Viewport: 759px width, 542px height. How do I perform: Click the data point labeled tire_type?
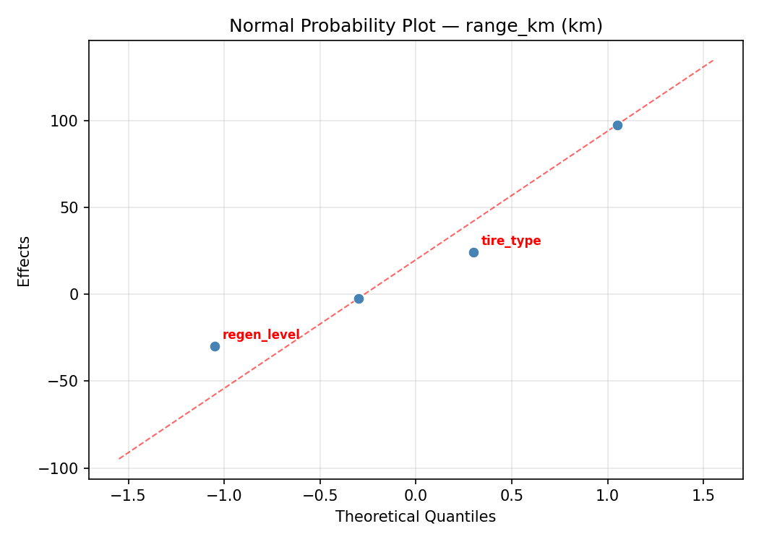click(x=473, y=252)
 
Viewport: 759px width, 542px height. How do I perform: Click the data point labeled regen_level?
click(x=215, y=346)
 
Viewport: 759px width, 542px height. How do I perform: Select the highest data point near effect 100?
click(x=617, y=125)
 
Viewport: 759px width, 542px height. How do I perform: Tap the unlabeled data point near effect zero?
click(x=359, y=298)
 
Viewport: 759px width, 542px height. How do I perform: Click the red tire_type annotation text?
click(x=510, y=241)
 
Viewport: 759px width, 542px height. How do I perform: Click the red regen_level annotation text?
click(x=261, y=335)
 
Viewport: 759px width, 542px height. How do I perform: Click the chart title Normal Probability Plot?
click(x=416, y=26)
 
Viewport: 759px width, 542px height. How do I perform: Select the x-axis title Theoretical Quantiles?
click(x=416, y=517)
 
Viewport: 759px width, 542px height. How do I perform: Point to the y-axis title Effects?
click(x=25, y=261)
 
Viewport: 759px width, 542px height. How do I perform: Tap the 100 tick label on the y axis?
click(x=65, y=121)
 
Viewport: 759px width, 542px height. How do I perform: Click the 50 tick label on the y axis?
click(x=69, y=207)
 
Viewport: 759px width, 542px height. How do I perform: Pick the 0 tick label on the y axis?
click(x=73, y=294)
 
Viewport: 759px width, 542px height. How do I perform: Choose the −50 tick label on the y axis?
click(x=64, y=381)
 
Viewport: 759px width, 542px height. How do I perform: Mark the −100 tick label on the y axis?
click(x=60, y=468)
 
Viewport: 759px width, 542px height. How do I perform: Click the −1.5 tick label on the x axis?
click(x=128, y=495)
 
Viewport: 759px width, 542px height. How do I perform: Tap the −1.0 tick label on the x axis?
click(x=223, y=495)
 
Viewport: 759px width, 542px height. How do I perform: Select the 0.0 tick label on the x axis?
click(x=416, y=495)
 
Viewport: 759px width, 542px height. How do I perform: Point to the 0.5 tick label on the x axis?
click(x=512, y=495)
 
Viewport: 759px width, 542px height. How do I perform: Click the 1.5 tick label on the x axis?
click(x=703, y=495)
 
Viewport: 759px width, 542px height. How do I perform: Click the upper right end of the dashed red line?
click(x=713, y=60)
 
